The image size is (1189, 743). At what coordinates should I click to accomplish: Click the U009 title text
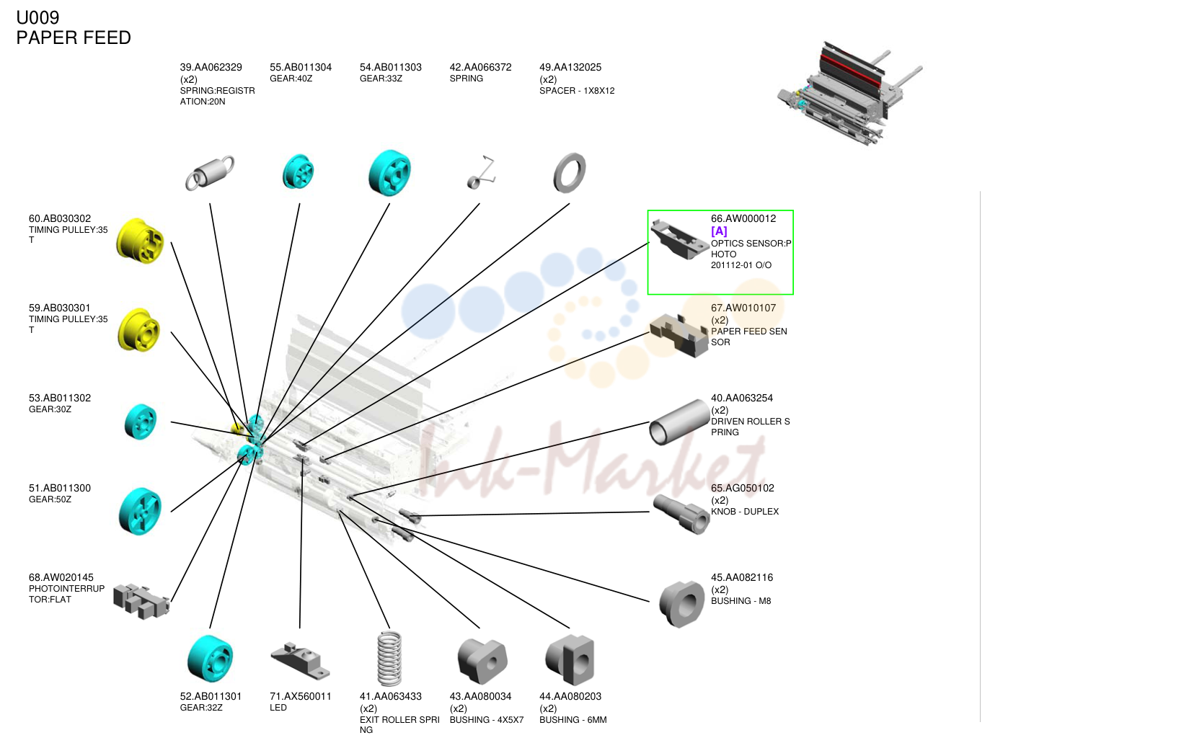37,17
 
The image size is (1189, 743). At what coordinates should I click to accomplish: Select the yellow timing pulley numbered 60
140,241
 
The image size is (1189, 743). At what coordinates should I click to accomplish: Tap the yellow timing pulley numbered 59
138,330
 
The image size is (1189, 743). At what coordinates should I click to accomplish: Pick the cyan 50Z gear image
140,511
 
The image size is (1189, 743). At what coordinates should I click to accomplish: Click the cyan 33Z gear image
390,173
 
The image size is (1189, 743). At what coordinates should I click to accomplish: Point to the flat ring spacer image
570,173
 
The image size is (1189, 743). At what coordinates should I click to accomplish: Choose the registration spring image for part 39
210,172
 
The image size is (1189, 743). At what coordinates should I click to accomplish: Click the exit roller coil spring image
389,659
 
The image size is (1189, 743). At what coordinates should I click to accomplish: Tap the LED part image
301,661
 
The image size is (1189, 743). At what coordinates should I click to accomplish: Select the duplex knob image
681,514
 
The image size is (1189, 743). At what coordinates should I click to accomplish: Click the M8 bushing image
681,604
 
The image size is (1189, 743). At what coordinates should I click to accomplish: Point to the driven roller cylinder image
679,422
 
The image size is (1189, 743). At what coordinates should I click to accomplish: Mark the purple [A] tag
719,231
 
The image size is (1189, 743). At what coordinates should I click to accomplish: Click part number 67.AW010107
743,308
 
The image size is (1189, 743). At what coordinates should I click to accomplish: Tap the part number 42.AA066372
480,67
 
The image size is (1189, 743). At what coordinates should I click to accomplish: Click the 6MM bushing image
570,660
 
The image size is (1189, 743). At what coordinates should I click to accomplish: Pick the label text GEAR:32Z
201,708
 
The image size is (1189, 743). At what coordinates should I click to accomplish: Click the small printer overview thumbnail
849,94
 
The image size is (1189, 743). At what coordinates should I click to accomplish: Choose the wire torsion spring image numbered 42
482,172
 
